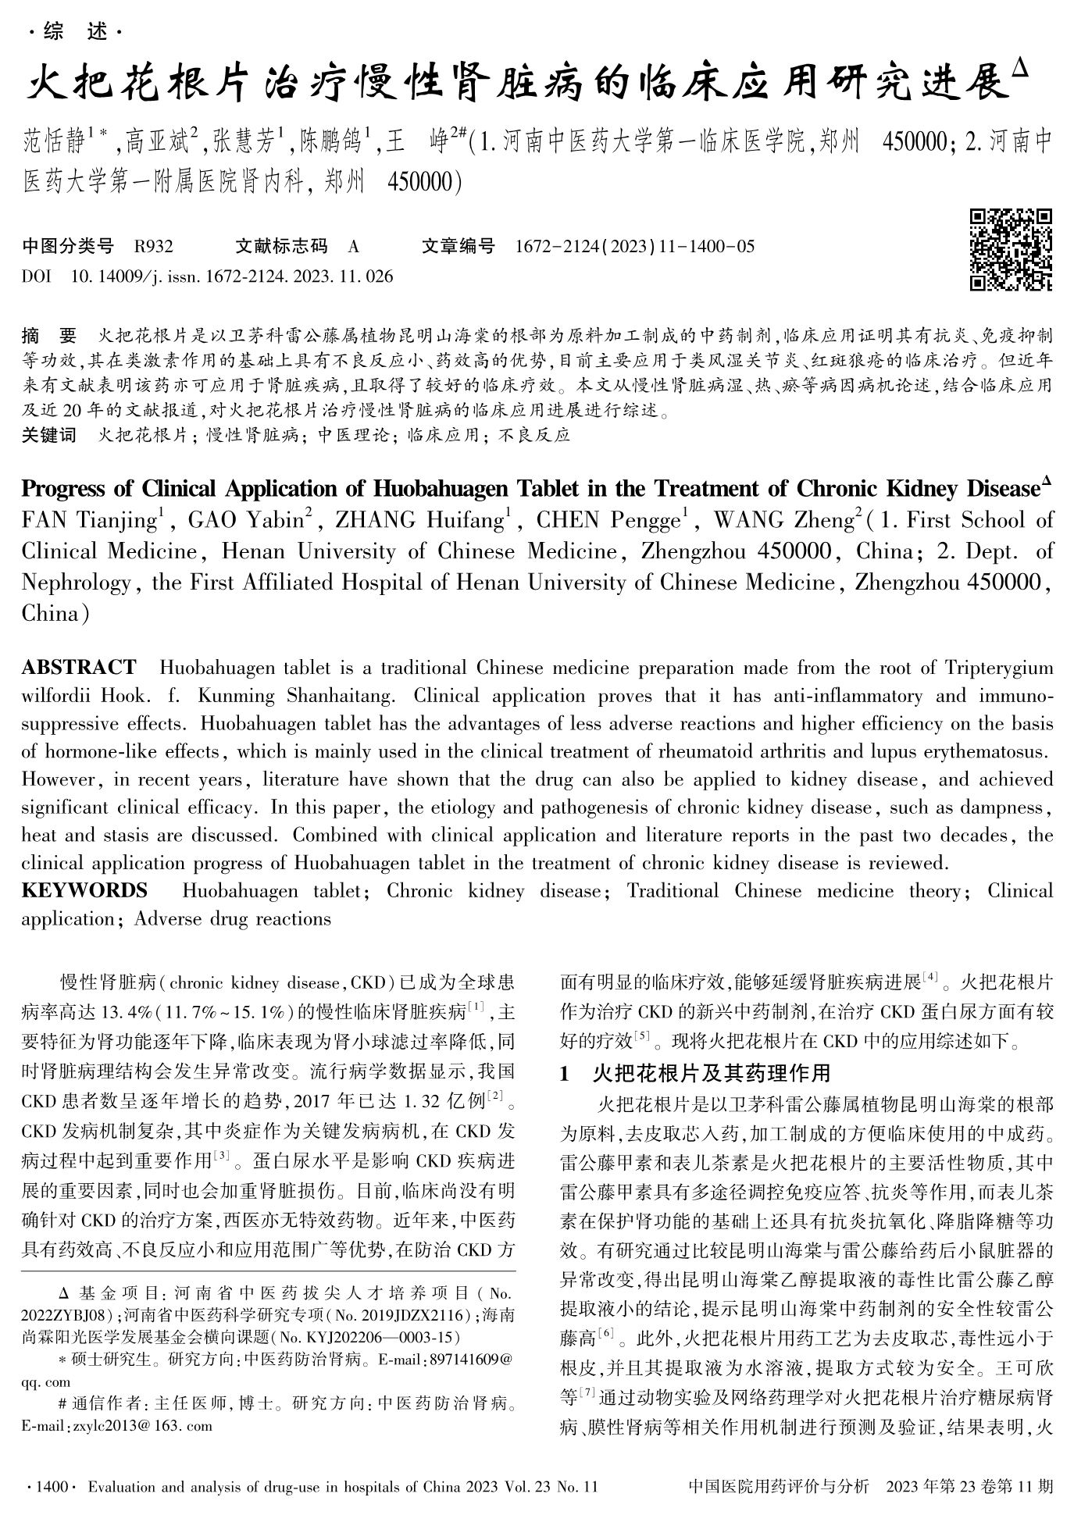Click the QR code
(1010, 249)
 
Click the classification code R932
(153, 247)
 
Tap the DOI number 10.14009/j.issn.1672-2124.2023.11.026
(232, 276)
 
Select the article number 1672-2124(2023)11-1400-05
(635, 247)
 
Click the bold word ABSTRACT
(79, 668)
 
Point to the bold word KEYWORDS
(84, 891)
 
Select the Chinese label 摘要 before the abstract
(49, 337)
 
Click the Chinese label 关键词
(49, 435)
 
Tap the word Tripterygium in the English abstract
(999, 668)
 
